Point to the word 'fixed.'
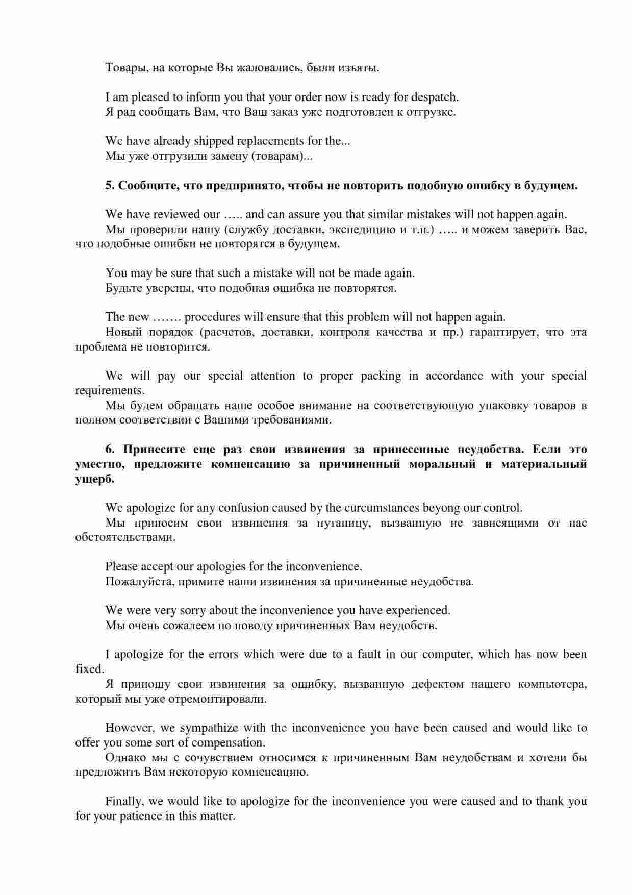pos(90,669)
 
